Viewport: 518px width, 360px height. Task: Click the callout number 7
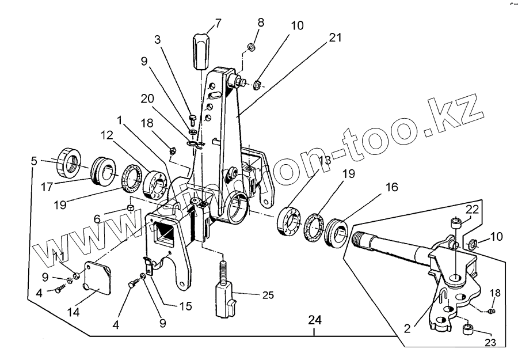coord(218,24)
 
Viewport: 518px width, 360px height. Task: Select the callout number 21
coord(336,38)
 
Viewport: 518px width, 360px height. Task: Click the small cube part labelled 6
coord(131,209)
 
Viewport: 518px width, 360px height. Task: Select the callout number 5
coord(35,162)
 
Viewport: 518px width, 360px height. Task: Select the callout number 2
coord(407,329)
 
